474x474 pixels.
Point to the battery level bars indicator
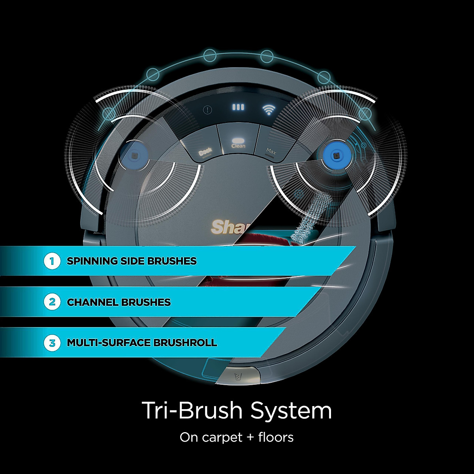(238, 107)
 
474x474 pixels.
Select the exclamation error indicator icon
(207, 110)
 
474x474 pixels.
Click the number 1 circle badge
(52, 261)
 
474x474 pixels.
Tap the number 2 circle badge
(52, 302)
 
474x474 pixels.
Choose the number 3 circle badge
(52, 342)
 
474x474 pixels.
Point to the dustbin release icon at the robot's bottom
(238, 376)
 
